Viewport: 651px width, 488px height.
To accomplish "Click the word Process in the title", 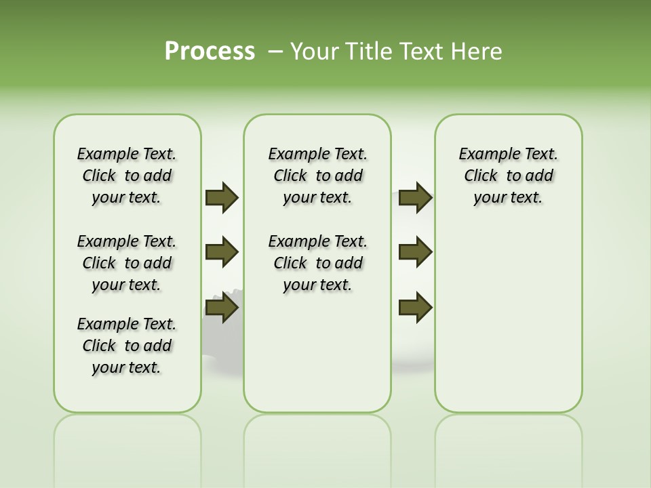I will coord(210,51).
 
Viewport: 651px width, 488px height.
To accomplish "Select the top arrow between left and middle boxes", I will coord(222,197).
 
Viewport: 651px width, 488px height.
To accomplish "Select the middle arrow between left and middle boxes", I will coord(222,252).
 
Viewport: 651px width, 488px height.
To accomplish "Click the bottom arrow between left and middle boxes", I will coord(222,307).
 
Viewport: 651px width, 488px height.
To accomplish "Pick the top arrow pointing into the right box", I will coord(415,197).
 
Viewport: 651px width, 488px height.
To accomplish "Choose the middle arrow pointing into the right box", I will coord(415,252).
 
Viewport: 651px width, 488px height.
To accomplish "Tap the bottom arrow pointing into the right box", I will coord(415,307).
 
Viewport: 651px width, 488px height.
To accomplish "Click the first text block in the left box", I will coord(127,176).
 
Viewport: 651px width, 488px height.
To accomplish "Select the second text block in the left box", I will coord(127,263).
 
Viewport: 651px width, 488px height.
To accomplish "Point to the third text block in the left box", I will coord(127,346).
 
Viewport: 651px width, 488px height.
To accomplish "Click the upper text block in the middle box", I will coord(317,176).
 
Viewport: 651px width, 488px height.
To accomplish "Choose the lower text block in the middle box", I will coord(317,263).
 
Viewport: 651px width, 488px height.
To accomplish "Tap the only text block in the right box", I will coord(508,176).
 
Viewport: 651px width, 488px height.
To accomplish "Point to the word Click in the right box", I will coord(481,176).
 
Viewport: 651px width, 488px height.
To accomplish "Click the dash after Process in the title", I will coord(275,51).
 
